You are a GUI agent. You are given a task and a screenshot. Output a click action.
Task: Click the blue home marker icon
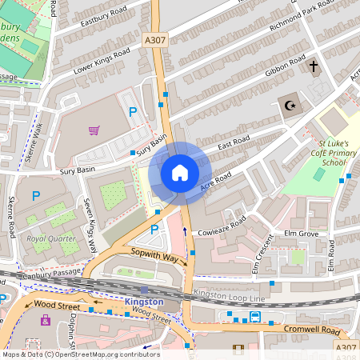(x=180, y=173)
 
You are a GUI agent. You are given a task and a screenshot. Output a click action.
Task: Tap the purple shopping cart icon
(x=94, y=130)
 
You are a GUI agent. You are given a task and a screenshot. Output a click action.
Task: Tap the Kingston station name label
(x=144, y=302)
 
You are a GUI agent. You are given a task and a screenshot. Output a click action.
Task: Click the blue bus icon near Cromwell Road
(x=255, y=317)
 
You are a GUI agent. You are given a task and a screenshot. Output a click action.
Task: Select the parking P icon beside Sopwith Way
(x=154, y=230)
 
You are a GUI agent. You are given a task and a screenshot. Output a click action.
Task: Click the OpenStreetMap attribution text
(x=80, y=354)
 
